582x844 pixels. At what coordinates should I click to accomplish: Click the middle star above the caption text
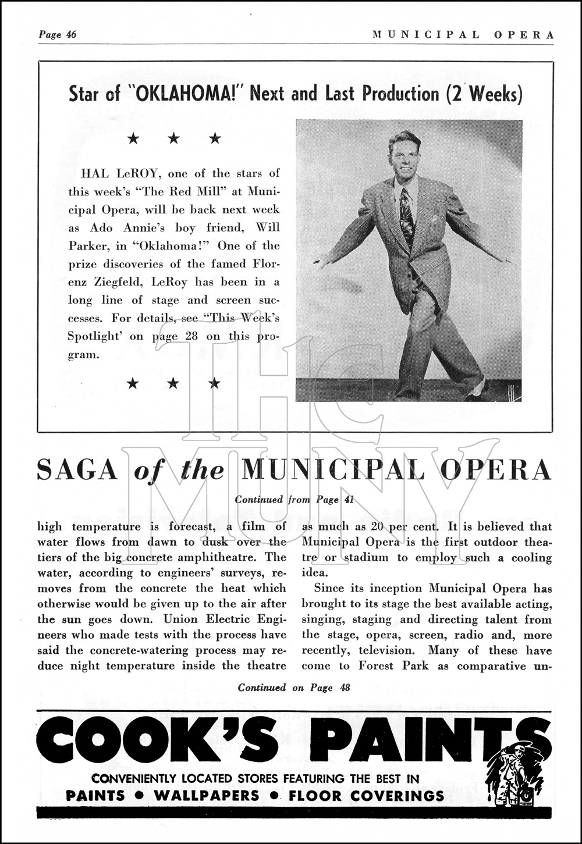click(x=171, y=138)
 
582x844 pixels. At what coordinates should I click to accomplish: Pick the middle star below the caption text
click(x=171, y=383)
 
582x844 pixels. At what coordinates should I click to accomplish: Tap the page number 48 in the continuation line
click(x=345, y=688)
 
